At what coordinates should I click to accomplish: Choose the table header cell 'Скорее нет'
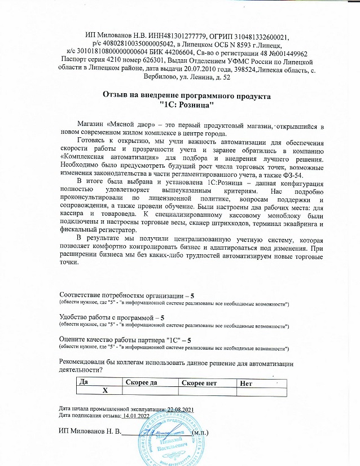199,382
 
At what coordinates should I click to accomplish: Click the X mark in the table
104,390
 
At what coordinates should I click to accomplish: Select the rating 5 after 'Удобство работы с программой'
163,318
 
